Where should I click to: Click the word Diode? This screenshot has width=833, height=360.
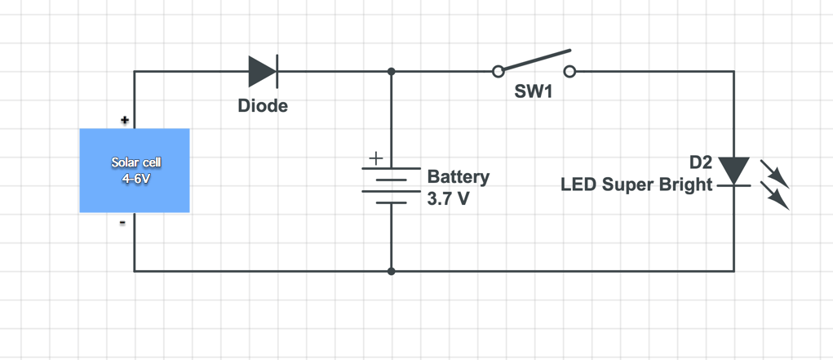pyautogui.click(x=263, y=106)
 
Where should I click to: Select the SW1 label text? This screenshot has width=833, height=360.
pyautogui.click(x=534, y=92)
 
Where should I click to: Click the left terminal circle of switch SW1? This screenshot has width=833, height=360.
pyautogui.click(x=498, y=72)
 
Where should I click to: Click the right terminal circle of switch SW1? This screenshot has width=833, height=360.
pyautogui.click(x=570, y=72)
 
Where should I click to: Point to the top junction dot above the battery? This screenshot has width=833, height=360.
pyautogui.click(x=392, y=72)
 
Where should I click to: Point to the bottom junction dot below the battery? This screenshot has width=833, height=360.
pyautogui.click(x=392, y=271)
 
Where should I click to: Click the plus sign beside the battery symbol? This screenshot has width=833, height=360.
pyautogui.click(x=375, y=158)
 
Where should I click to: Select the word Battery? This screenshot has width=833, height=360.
pyautogui.click(x=459, y=176)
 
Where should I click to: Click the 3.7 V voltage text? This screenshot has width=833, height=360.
pyautogui.click(x=448, y=198)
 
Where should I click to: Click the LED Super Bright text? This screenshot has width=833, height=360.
pyautogui.click(x=636, y=185)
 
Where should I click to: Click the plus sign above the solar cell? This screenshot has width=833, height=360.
pyautogui.click(x=125, y=120)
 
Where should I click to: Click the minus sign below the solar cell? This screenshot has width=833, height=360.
pyautogui.click(x=123, y=222)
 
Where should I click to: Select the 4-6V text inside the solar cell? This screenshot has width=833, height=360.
pyautogui.click(x=135, y=178)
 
